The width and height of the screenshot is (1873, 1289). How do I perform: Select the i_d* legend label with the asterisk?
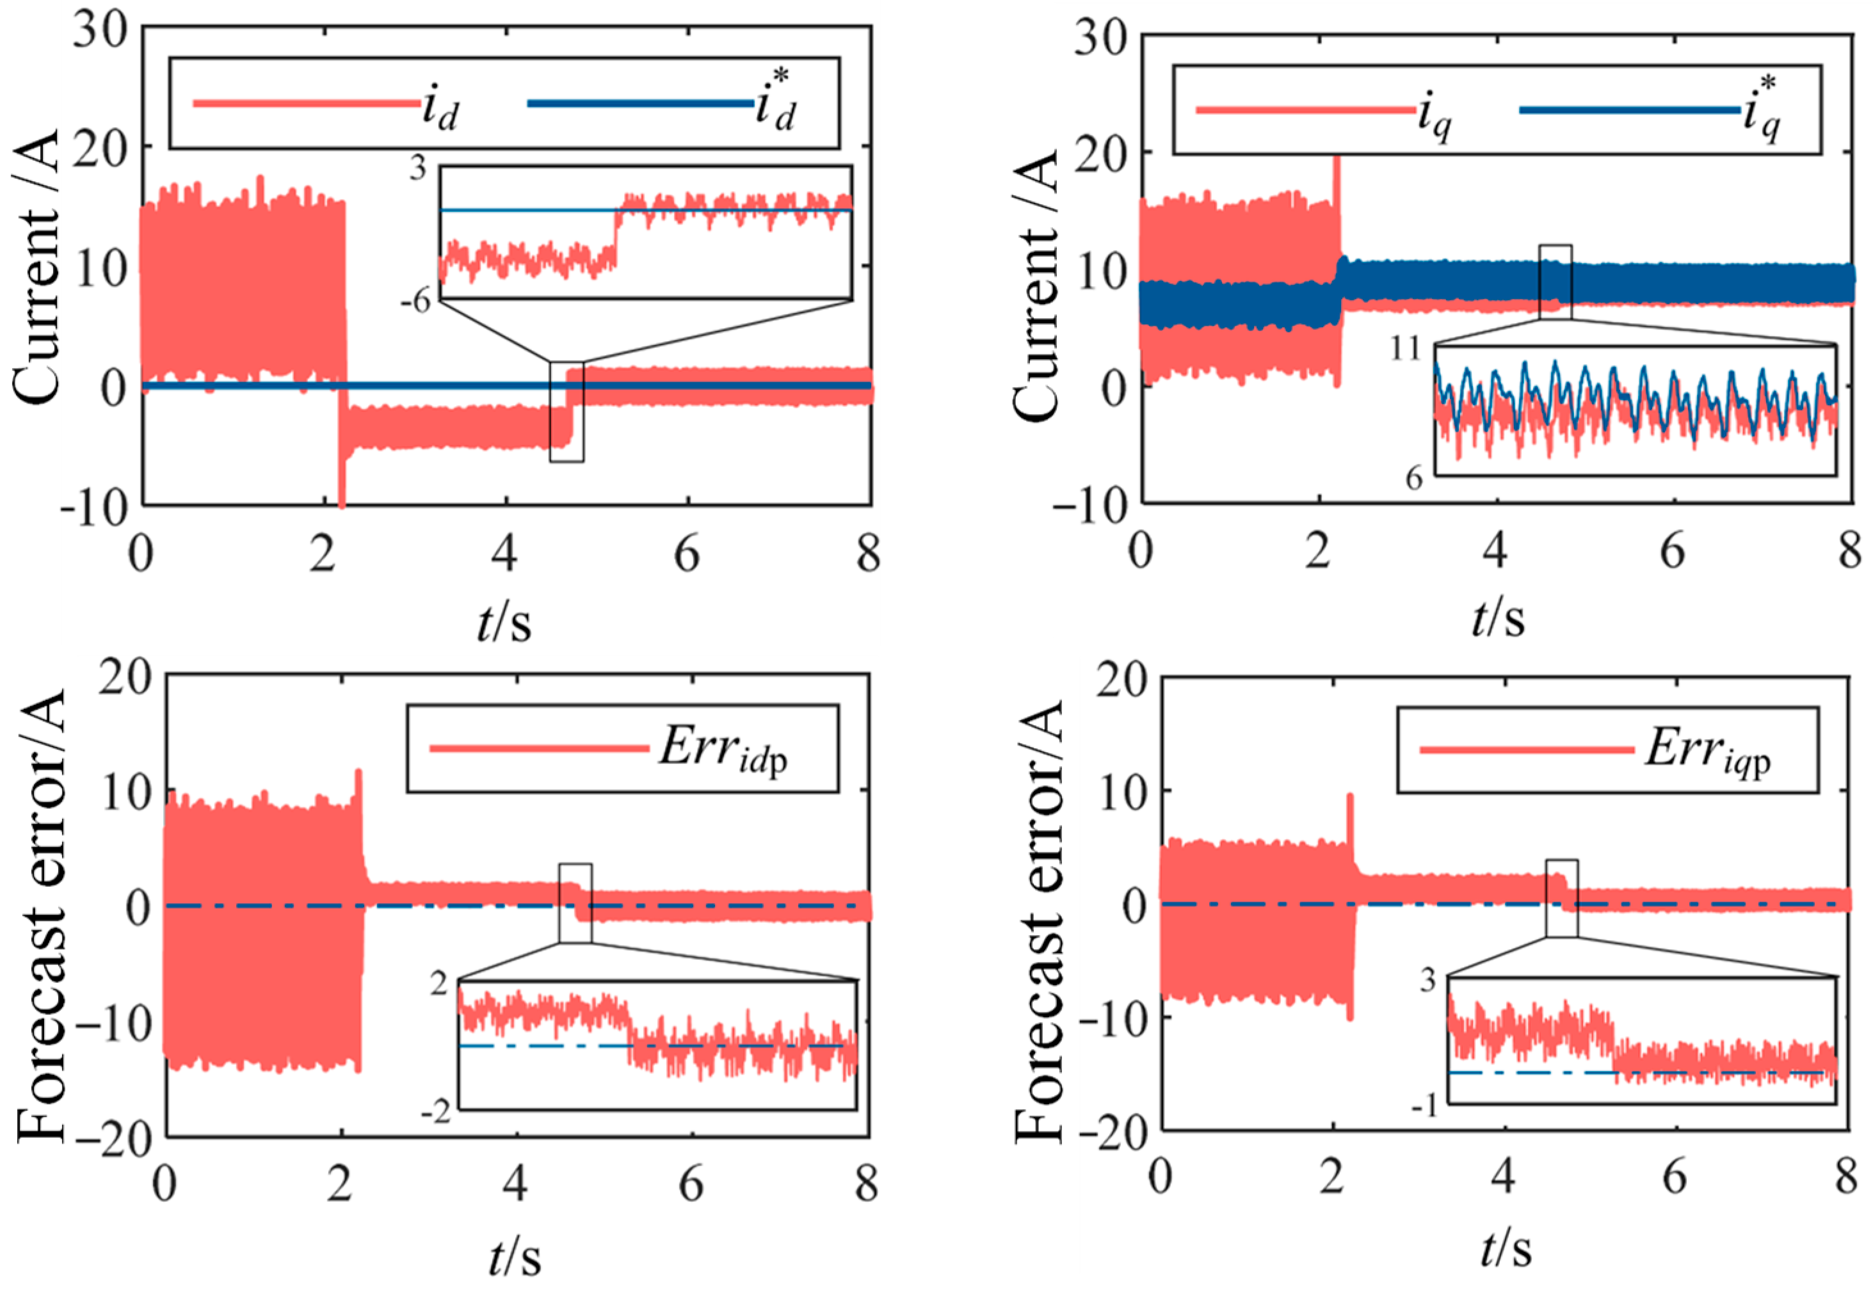775,104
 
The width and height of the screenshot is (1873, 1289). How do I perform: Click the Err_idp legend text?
723,749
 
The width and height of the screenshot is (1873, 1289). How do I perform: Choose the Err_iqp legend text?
1708,750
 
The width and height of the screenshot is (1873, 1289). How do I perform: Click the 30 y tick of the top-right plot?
1100,38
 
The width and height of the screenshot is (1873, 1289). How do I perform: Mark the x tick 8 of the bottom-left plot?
867,1185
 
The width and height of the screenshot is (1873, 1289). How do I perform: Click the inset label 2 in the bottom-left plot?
438,984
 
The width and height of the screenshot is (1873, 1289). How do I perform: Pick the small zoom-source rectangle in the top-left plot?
566,412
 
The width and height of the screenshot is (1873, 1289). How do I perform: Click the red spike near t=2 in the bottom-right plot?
1349,808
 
